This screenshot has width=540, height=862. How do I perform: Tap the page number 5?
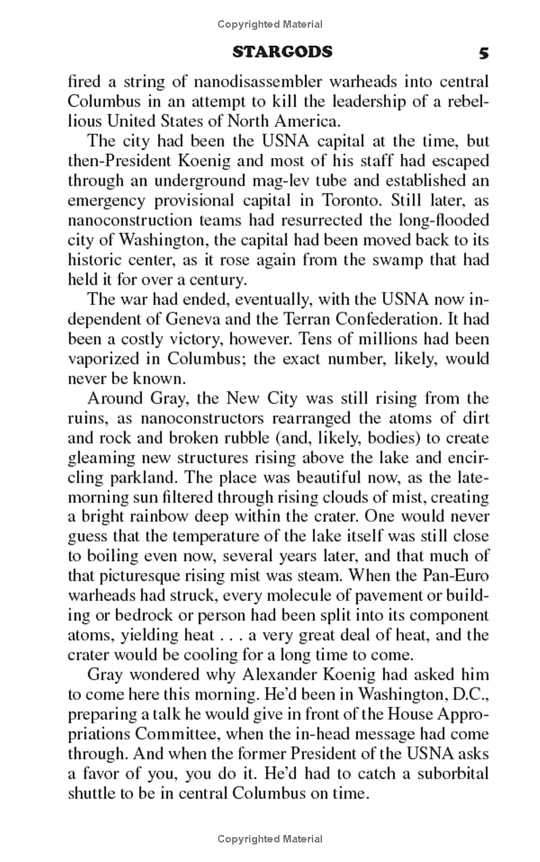[483, 53]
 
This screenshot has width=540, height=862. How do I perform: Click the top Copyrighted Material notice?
[270, 24]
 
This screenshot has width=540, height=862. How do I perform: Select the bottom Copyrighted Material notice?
[270, 839]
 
